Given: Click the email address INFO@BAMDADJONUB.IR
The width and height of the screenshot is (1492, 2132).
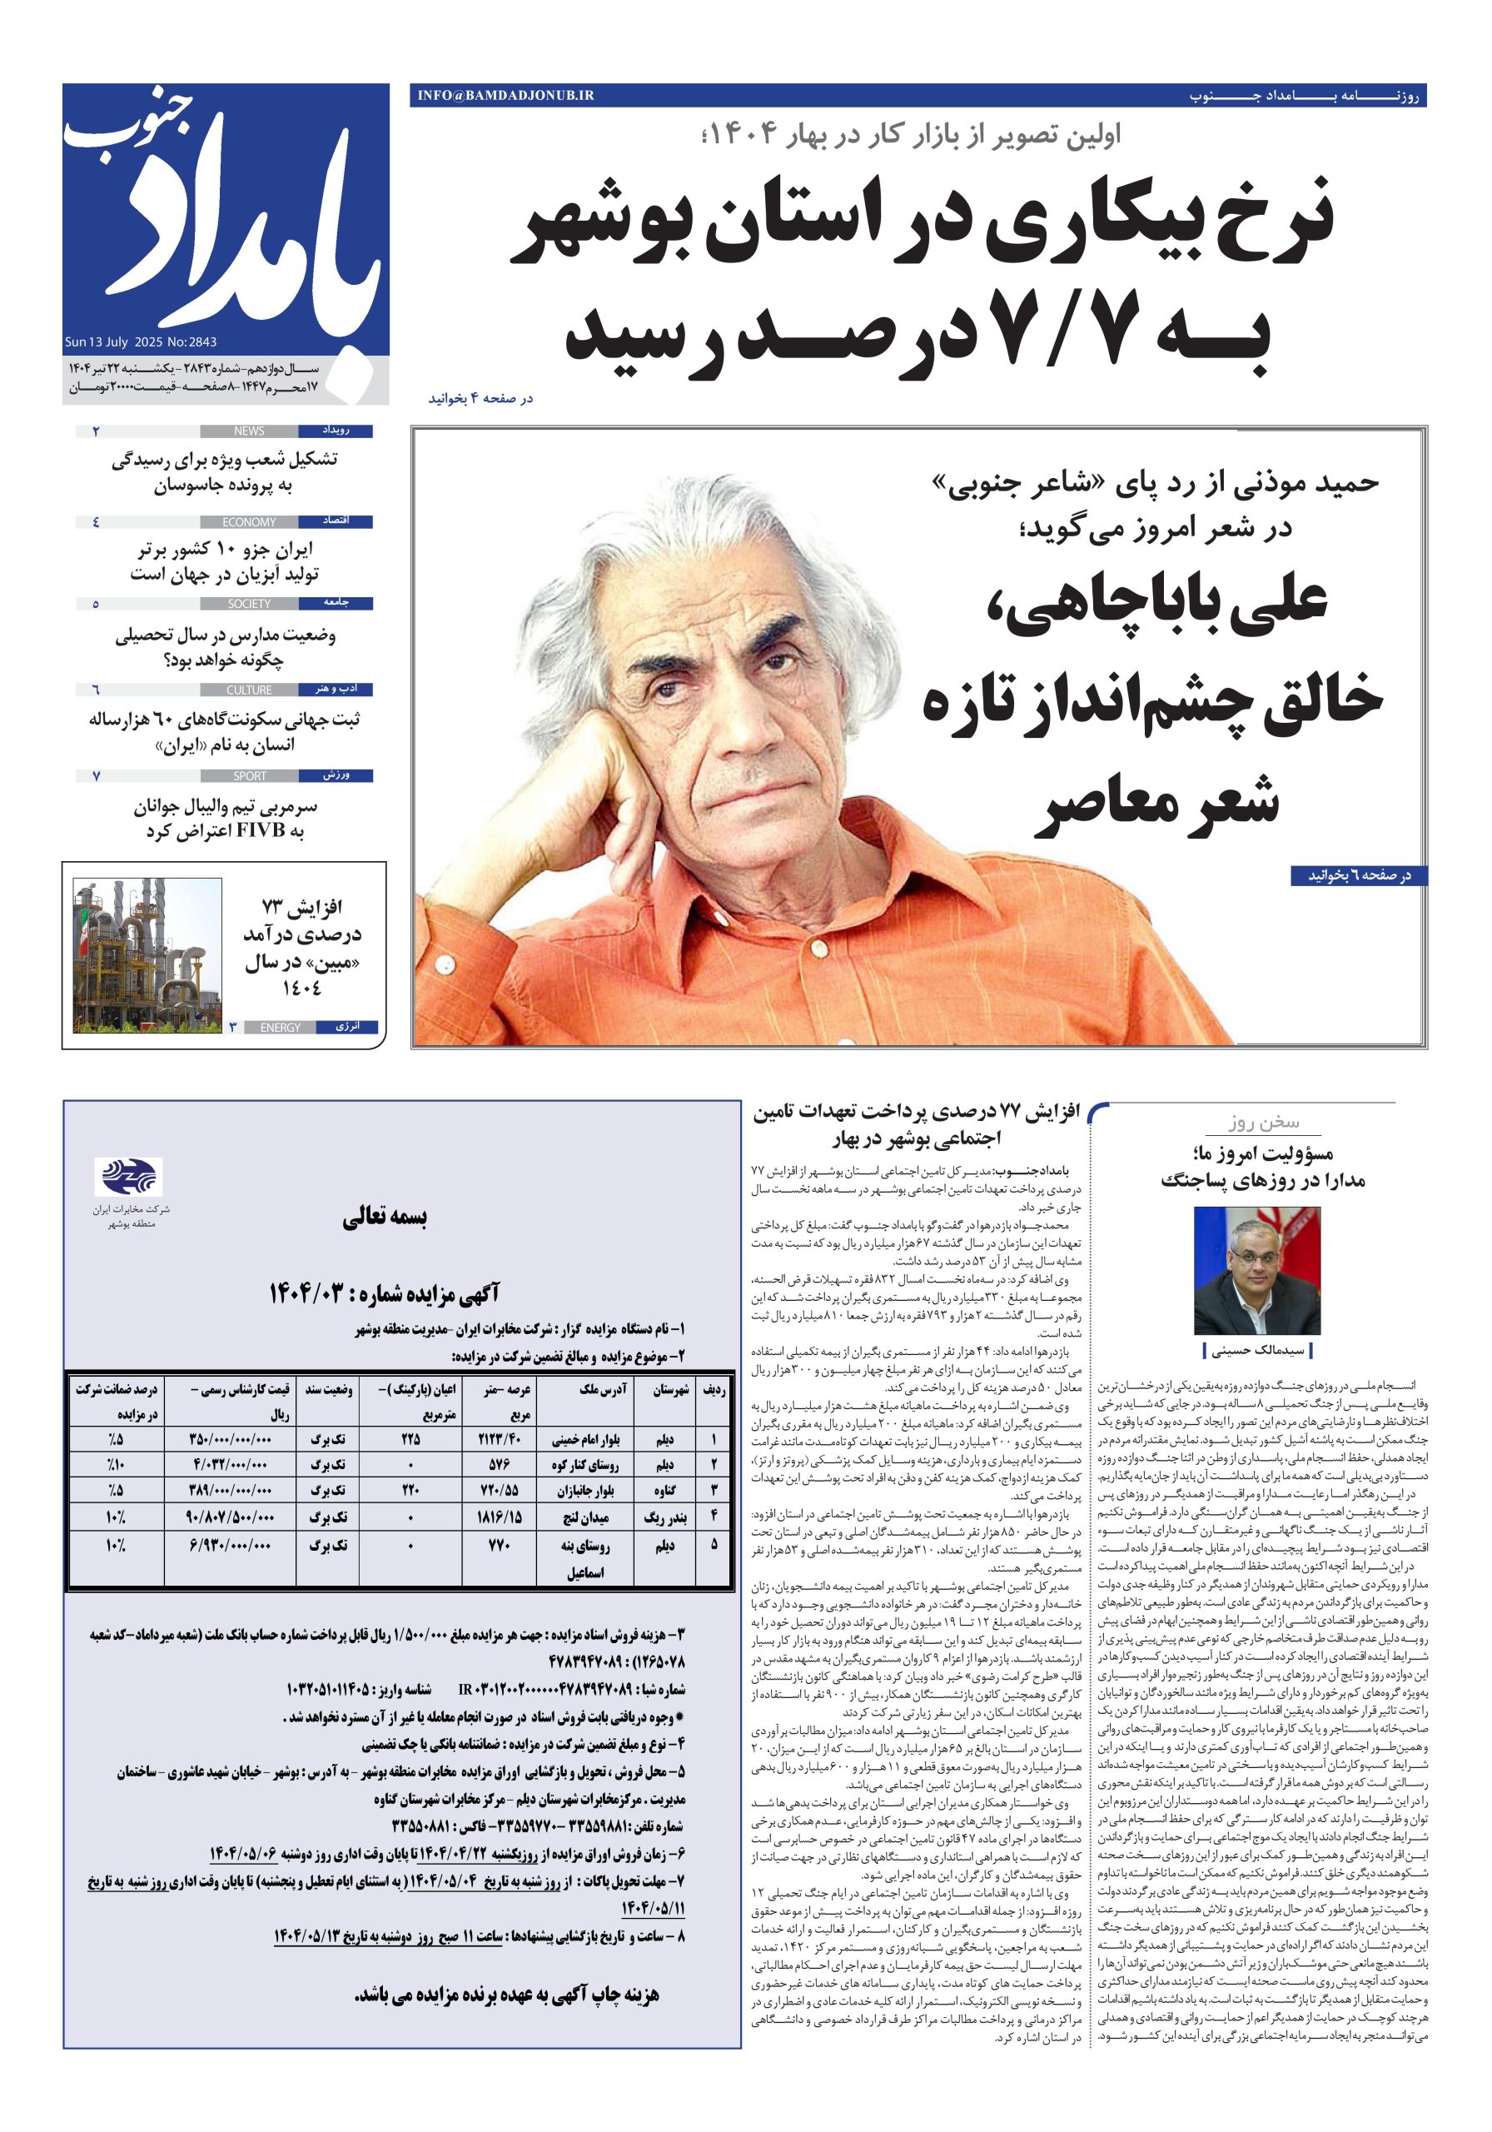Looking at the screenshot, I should coord(506,95).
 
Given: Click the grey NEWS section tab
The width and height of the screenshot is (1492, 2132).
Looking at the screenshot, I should coord(249,431).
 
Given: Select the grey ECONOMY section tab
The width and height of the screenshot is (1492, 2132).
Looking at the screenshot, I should coord(249,522).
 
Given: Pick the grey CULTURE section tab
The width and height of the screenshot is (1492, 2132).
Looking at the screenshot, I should coord(249,690).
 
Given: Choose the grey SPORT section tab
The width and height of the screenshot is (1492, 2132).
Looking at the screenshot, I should coord(249,775).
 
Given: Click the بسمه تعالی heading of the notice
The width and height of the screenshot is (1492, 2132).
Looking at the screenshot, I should coord(385,1218).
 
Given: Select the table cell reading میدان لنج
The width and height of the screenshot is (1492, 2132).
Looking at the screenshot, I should coord(589,1521).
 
